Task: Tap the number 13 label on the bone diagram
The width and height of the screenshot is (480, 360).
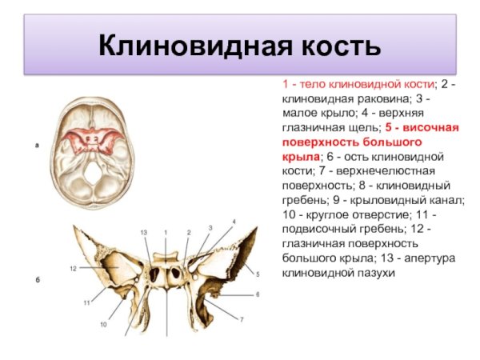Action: coord(144,231)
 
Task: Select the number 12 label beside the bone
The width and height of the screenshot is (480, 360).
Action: coord(72,268)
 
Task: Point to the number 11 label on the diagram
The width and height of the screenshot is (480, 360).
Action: coord(86,303)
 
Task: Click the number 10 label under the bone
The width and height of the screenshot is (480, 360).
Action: coord(103,324)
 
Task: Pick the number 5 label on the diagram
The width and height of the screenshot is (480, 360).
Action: coord(258,274)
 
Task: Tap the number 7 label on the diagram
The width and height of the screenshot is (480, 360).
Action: coord(241,319)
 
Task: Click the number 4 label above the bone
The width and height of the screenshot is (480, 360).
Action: coord(234,220)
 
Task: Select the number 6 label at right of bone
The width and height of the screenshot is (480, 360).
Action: coord(258,294)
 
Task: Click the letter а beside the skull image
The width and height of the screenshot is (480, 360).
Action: coord(37,146)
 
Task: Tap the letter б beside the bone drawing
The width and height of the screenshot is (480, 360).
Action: coord(37,281)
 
